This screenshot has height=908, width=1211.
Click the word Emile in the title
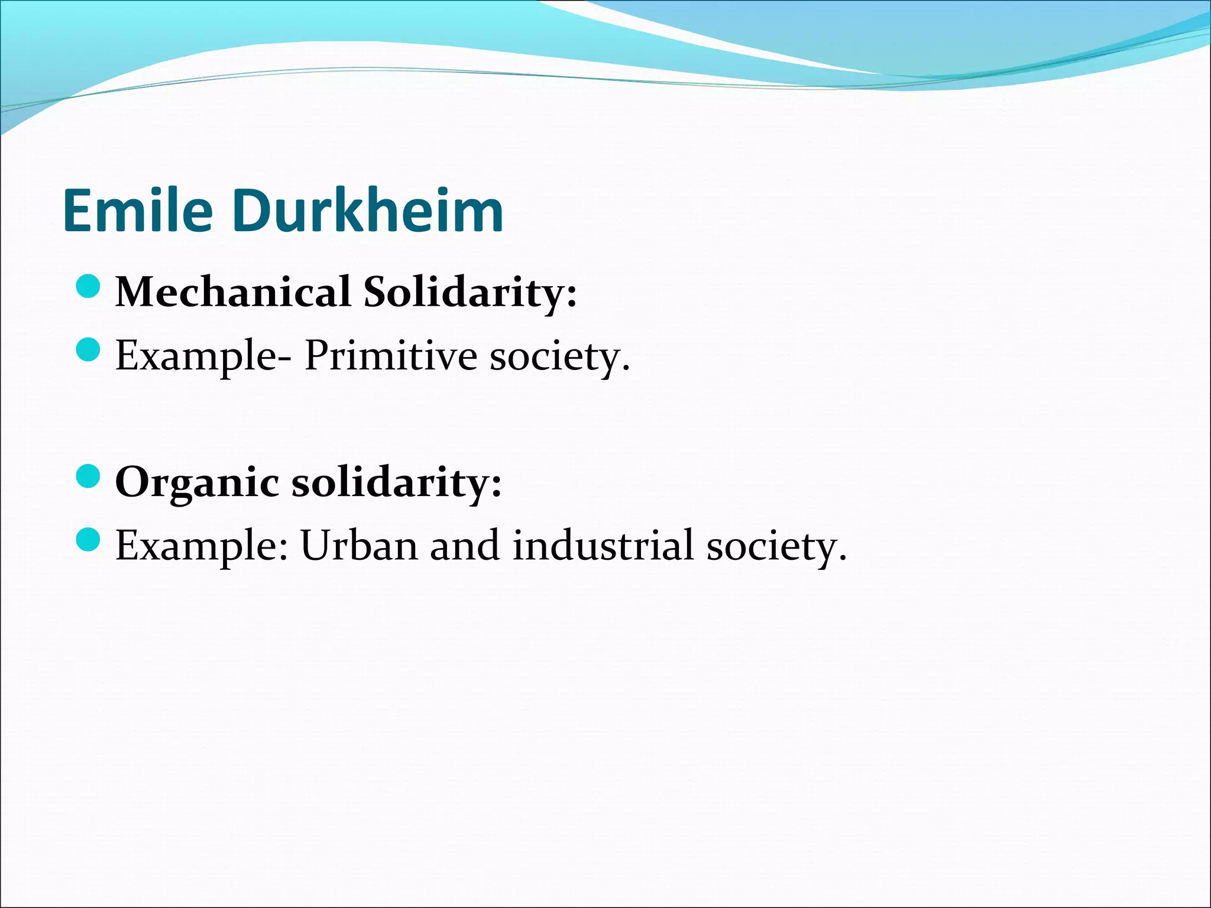click(137, 211)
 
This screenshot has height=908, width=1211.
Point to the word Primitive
click(390, 356)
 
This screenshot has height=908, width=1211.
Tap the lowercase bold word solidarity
click(390, 482)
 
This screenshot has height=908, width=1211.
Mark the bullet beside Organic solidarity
click(88, 476)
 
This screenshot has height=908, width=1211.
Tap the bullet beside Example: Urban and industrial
click(88, 540)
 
